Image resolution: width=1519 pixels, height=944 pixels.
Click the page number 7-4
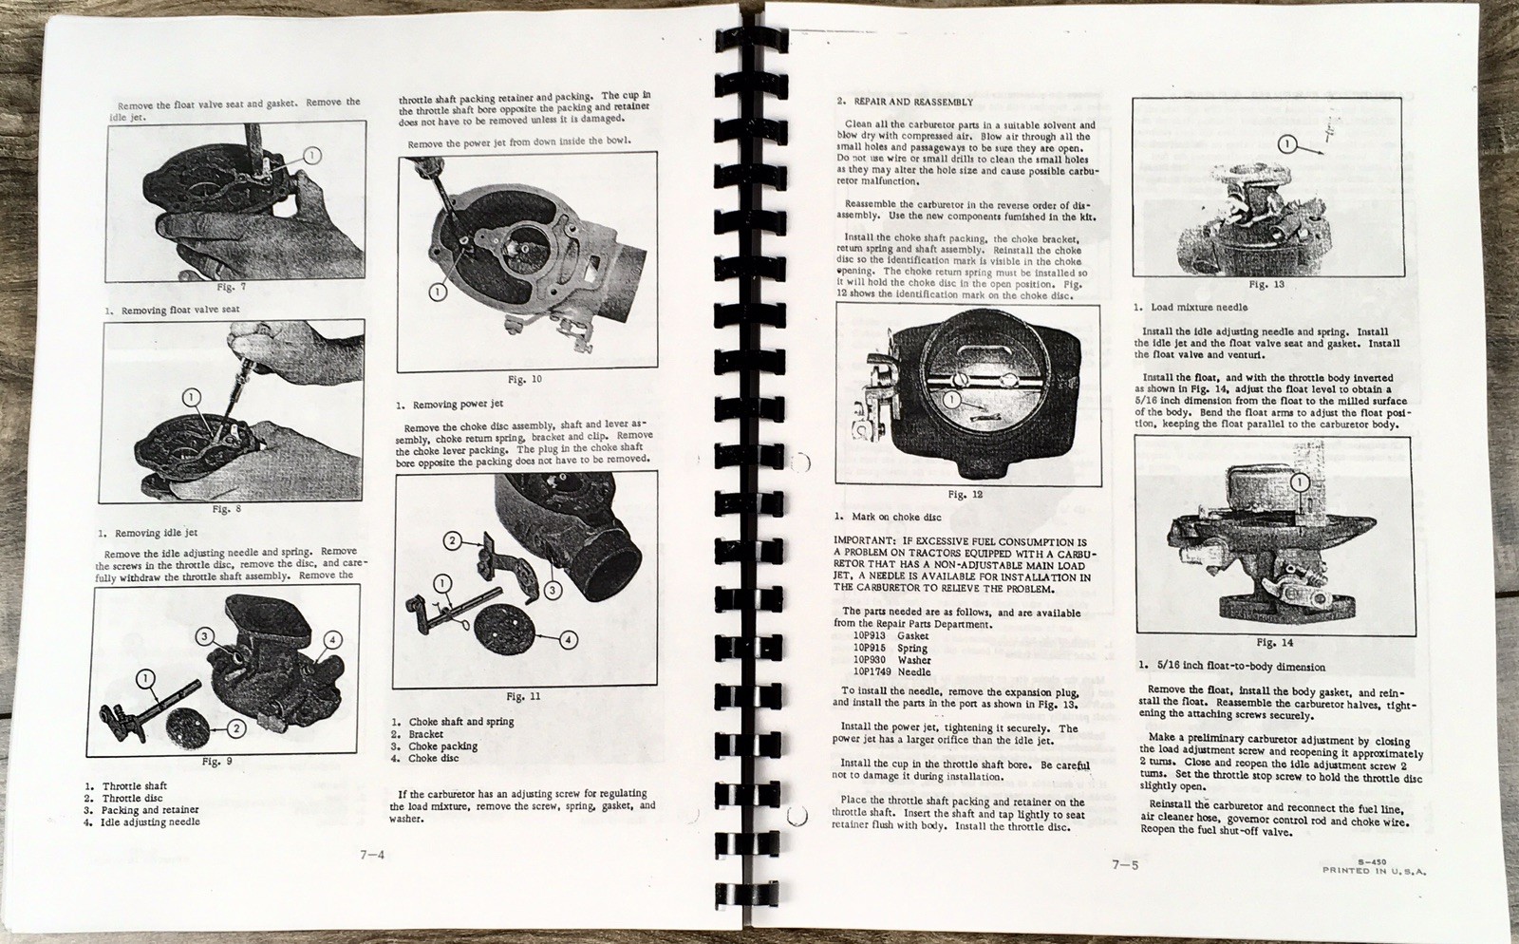point(371,854)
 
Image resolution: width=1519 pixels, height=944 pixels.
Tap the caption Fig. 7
point(231,286)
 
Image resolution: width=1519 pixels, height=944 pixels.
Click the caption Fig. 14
point(1273,643)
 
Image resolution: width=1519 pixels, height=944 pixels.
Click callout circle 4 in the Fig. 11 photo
point(568,639)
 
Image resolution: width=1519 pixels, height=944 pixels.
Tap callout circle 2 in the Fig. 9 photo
point(235,728)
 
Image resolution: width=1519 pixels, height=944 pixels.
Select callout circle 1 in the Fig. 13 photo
point(1286,144)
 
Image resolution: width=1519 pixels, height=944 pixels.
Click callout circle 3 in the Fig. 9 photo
point(206,635)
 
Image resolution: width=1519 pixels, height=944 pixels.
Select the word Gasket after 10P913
point(912,636)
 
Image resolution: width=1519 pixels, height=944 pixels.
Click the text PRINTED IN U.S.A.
point(1374,870)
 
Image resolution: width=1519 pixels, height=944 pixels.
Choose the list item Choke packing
point(441,746)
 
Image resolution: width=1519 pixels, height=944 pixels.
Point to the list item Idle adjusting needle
point(150,821)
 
